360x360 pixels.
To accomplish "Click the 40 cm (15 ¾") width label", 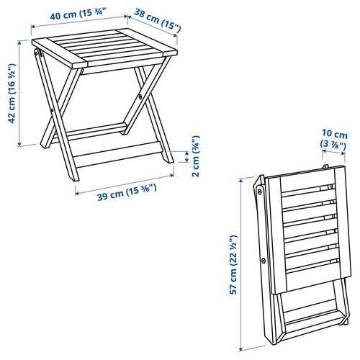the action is [x=78, y=14].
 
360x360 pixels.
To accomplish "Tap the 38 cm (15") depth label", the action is [x=157, y=20].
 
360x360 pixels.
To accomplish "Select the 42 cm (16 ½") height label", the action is [x=12, y=94].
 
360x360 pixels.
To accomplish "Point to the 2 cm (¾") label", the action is [x=196, y=156].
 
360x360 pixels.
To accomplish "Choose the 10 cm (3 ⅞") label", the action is [x=334, y=139].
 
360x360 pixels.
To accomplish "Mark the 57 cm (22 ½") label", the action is [x=233, y=265].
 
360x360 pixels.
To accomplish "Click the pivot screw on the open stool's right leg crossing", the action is [x=140, y=96].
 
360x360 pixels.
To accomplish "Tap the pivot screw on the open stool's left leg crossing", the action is [x=52, y=110].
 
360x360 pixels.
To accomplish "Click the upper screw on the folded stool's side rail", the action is [x=259, y=192].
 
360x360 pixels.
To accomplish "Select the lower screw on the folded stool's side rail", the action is [x=264, y=260].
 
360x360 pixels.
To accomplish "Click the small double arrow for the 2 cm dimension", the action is [x=186, y=156].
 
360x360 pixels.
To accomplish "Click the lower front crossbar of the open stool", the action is [x=117, y=154].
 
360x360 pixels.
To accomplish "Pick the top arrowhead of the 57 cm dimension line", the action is [x=240, y=181].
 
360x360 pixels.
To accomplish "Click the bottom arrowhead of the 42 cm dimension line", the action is [x=19, y=144].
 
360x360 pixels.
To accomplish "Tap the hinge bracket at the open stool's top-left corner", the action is [x=38, y=53].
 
